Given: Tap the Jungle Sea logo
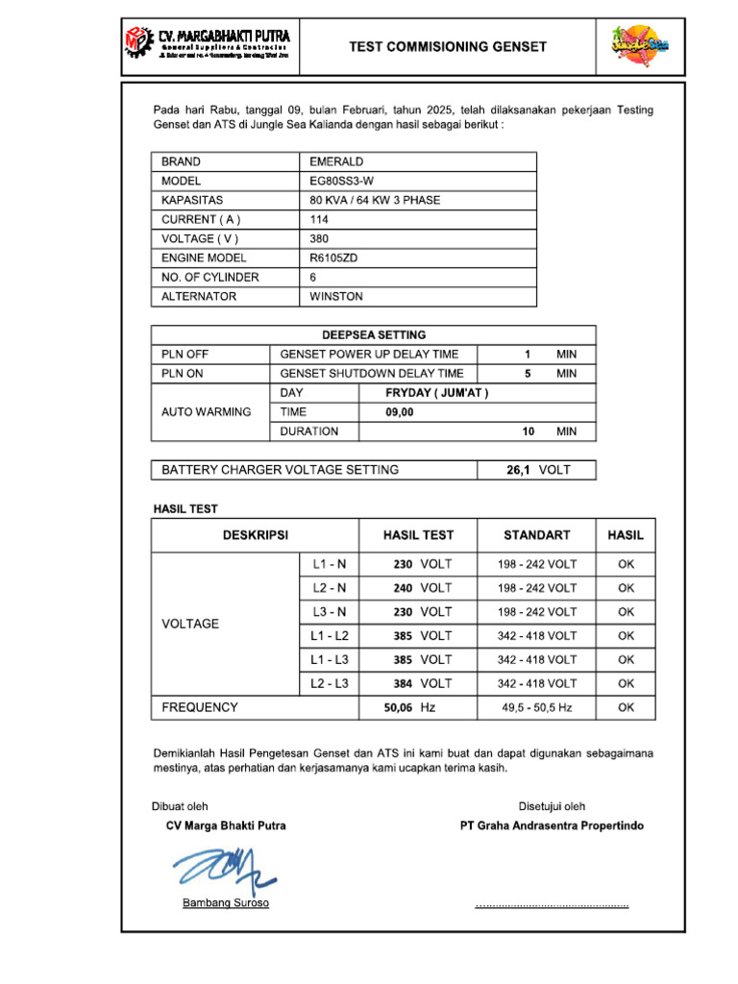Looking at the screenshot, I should pyautogui.click(x=638, y=44).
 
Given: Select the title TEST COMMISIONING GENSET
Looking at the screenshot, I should pyautogui.click(x=447, y=46).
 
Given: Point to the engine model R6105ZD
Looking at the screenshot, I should pyautogui.click(x=333, y=258).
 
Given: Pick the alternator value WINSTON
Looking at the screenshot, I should pyautogui.click(x=336, y=296).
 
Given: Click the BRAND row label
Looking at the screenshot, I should pyautogui.click(x=181, y=161).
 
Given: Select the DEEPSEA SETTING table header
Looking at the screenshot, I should pyautogui.click(x=374, y=335).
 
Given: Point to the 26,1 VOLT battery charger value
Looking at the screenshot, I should pyautogui.click(x=536, y=470).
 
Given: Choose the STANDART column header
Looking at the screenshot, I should pyautogui.click(x=536, y=535).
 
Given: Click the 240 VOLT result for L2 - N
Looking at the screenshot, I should pyautogui.click(x=422, y=587).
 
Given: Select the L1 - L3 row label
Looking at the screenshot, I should pyautogui.click(x=330, y=659).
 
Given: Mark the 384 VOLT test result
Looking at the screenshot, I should pyautogui.click(x=422, y=683).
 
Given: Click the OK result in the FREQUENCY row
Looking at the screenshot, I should pyautogui.click(x=626, y=707).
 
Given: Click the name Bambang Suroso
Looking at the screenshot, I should pyautogui.click(x=226, y=903).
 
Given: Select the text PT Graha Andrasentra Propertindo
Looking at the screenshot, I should pyautogui.click(x=552, y=825).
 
